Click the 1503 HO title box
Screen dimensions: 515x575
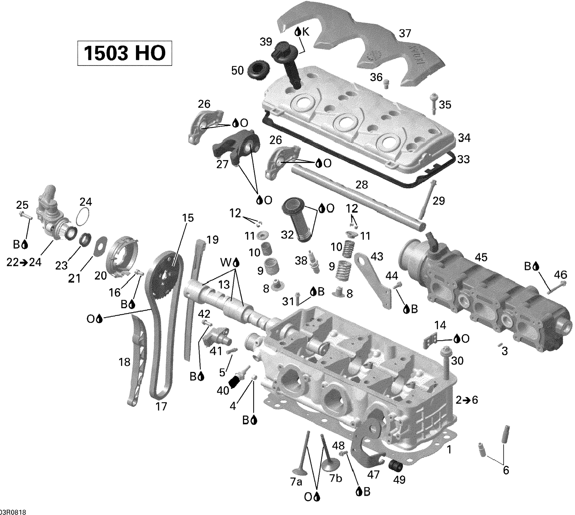point(125,53)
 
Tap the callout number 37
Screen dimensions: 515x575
point(404,34)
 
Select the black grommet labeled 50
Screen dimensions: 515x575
point(258,69)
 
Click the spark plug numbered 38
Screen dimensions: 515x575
point(314,262)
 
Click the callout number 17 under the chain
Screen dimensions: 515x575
point(161,406)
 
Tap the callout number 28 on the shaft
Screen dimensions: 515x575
point(362,185)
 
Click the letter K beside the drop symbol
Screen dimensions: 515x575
point(305,32)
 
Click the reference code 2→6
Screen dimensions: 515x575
point(467,400)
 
